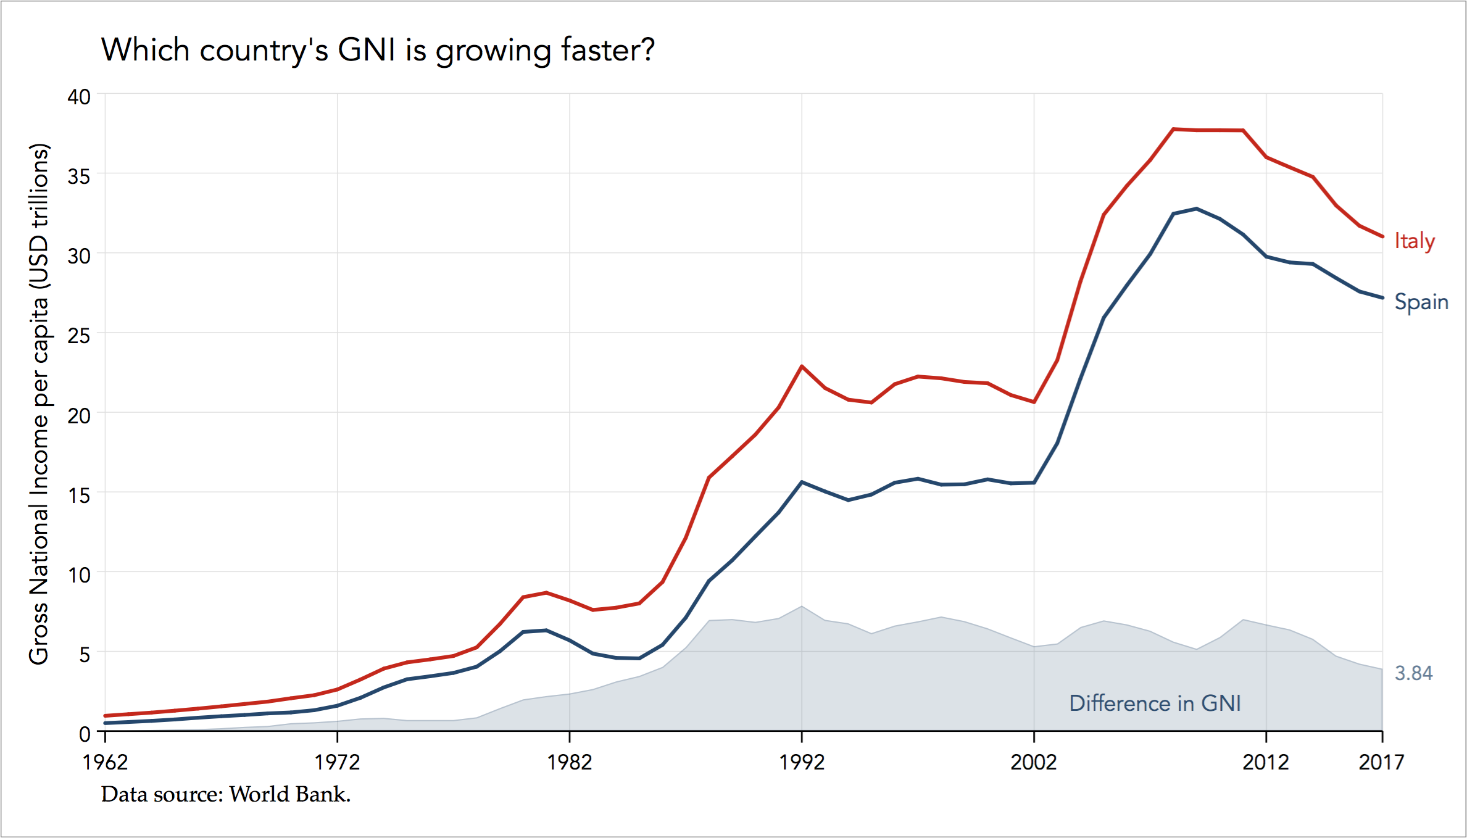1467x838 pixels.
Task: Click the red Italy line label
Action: (x=1414, y=241)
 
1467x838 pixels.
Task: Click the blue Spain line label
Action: (x=1421, y=302)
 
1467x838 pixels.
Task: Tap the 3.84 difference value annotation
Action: (x=1413, y=673)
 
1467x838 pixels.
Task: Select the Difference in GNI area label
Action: (x=1154, y=703)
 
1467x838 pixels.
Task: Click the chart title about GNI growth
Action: (x=377, y=50)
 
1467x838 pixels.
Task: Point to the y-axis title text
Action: (x=39, y=404)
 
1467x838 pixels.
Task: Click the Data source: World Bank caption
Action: (x=226, y=794)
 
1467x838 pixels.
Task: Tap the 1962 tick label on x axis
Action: (x=105, y=762)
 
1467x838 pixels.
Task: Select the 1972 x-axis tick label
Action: (x=337, y=762)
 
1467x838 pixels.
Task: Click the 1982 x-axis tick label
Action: (x=569, y=762)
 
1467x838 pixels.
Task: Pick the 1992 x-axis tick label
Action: (x=801, y=762)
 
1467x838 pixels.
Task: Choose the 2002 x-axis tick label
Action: (x=1034, y=762)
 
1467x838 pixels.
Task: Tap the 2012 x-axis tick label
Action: (x=1266, y=762)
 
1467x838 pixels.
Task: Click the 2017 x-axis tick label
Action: (x=1381, y=762)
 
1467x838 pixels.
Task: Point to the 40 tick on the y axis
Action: (x=79, y=97)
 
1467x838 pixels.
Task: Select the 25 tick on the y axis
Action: (x=79, y=336)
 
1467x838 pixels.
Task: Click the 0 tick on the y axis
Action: (x=85, y=734)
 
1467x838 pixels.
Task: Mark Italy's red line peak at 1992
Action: (x=802, y=367)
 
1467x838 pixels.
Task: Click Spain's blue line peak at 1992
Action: (x=802, y=482)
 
